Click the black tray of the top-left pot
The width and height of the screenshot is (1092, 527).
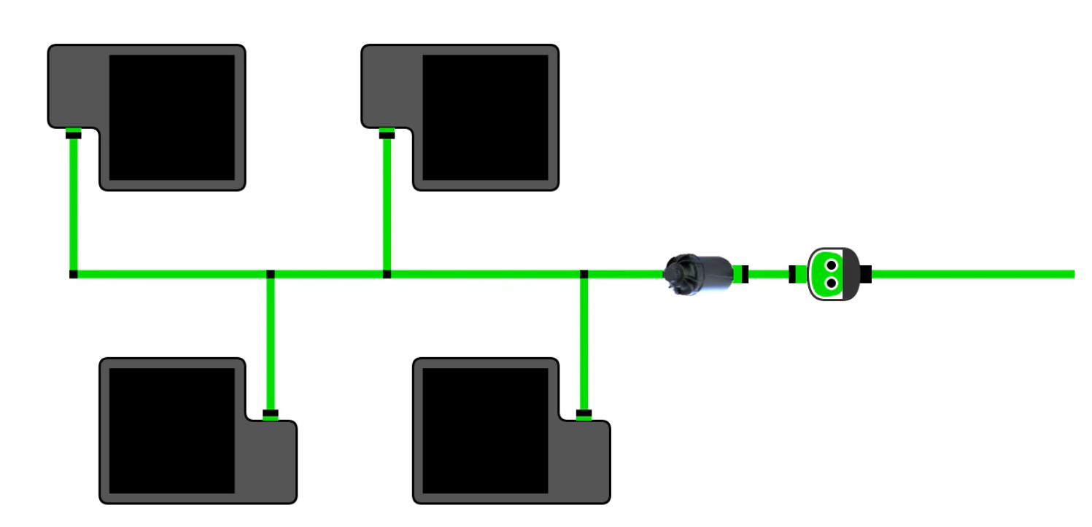(172, 117)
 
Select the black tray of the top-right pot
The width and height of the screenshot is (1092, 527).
(486, 117)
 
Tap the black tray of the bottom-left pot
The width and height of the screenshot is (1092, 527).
(172, 430)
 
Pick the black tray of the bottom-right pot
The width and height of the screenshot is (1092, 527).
(486, 430)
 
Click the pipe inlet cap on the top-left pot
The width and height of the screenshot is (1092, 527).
(73, 133)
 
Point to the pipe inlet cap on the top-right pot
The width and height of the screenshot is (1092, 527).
(387, 133)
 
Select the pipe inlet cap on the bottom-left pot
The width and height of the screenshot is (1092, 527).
(271, 415)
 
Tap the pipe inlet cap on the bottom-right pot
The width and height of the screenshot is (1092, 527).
(584, 415)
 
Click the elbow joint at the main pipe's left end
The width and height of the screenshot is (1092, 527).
(73, 274)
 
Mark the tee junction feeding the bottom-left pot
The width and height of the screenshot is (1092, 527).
(271, 274)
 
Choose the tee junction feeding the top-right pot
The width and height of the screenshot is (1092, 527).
(387, 274)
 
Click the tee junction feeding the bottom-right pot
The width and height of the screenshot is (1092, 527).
(584, 274)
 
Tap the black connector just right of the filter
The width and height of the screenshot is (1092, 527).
(744, 274)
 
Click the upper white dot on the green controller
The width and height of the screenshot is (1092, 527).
(830, 265)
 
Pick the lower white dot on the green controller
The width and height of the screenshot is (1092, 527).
(830, 282)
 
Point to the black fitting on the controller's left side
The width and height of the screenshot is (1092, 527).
(793, 274)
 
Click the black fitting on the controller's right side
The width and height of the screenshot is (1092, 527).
(866, 274)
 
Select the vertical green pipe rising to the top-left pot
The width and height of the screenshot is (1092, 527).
(73, 204)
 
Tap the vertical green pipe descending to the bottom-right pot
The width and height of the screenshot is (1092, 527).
(584, 343)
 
